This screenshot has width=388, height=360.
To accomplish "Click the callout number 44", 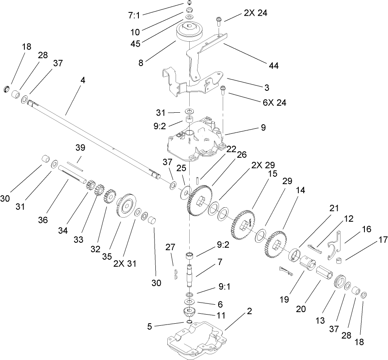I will click(x=274, y=65).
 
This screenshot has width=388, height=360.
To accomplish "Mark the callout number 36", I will click(x=55, y=220).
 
